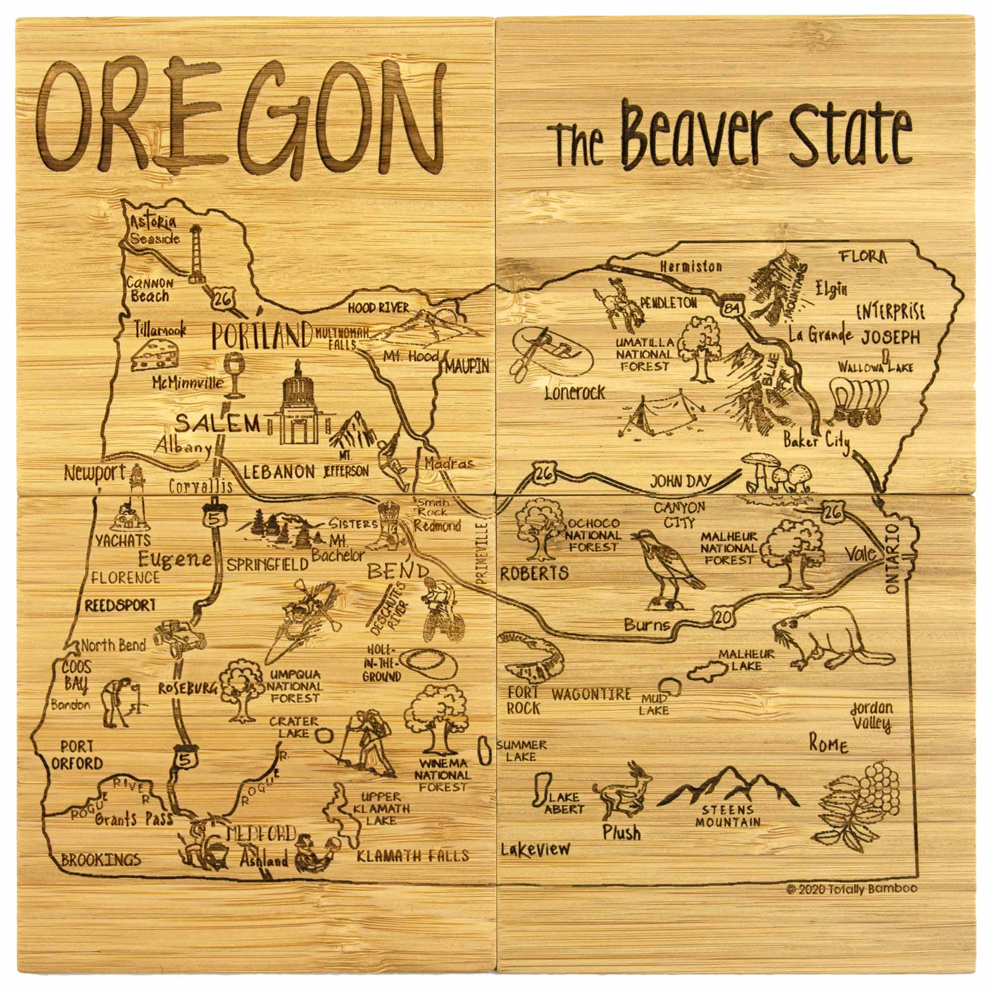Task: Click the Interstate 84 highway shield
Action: tap(728, 307)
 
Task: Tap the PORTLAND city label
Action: tap(262, 336)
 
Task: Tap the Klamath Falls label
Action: tap(412, 855)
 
